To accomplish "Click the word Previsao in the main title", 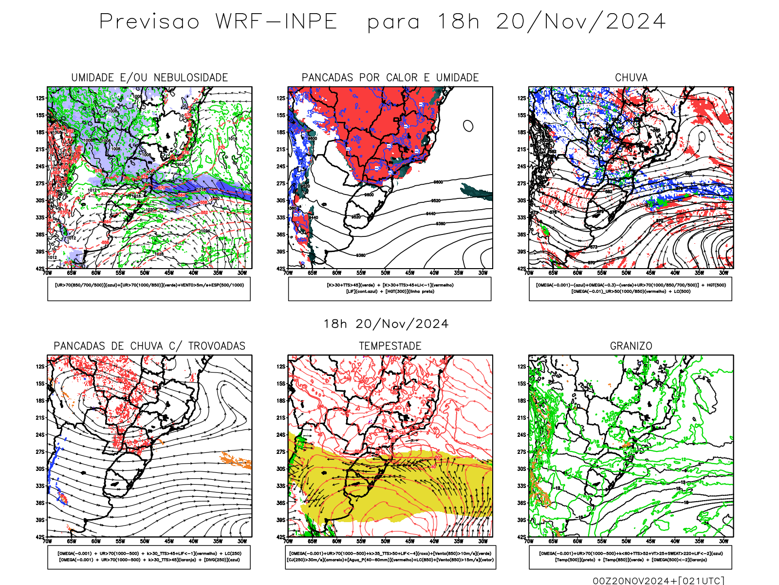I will coord(149,22).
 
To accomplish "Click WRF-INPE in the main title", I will coord(277,22).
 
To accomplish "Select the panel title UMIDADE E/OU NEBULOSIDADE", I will coord(149,78).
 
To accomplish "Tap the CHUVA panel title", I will coord(631,78).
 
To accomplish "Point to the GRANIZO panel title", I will coord(631,346).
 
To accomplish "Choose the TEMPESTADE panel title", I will coord(390,346).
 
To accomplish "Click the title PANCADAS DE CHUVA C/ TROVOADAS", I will coord(149,346).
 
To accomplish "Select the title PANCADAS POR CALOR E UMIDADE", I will coord(390,78).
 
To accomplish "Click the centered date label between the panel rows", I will coord(386,324).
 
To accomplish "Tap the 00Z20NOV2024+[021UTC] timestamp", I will coord(658,581).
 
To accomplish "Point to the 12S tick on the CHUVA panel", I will coord(522,98).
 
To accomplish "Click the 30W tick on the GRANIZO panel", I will coord(723,541).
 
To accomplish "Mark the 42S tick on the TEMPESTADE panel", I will coord(281,537).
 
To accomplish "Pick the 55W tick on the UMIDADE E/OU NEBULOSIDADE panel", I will coord(120,273).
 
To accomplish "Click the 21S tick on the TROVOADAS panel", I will coord(40,418).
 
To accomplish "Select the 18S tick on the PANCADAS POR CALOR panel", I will coord(281,132).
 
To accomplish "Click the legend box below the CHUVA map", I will coord(631,289).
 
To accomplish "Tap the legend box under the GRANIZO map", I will coord(631,557).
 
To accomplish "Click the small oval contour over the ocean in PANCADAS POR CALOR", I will coord(468,126).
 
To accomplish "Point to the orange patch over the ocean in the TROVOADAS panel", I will coord(236,460).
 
